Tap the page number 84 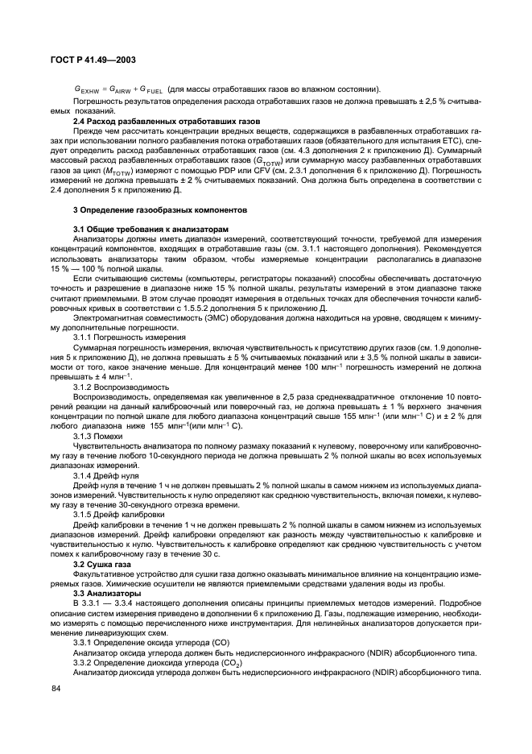(x=56, y=689)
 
